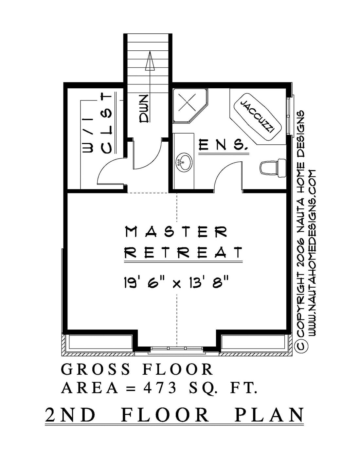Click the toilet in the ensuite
[273, 168]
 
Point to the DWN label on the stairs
[144, 109]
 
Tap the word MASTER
[176, 232]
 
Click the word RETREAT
[184, 253]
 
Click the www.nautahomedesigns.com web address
[312, 253]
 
